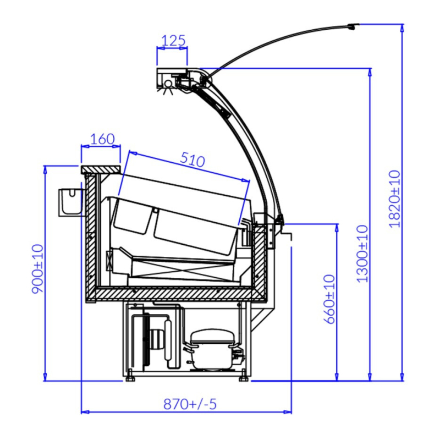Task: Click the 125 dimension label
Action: click(x=174, y=41)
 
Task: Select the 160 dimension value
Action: click(x=103, y=139)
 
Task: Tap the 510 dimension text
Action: click(x=193, y=159)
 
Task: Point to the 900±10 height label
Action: click(x=37, y=269)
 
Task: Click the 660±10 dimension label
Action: click(x=329, y=299)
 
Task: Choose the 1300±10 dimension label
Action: click(x=362, y=254)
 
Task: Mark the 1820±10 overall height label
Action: click(x=395, y=199)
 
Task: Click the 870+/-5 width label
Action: click(x=190, y=404)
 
